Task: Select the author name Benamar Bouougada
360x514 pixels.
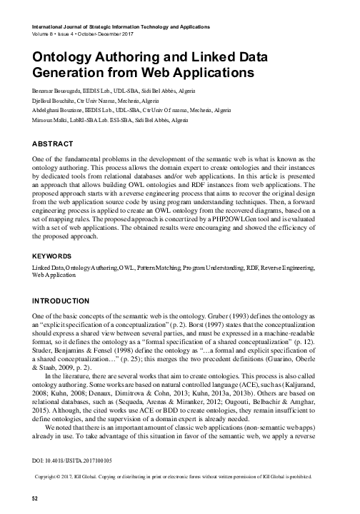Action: coord(58,92)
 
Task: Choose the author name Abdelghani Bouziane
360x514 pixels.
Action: coord(59,111)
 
